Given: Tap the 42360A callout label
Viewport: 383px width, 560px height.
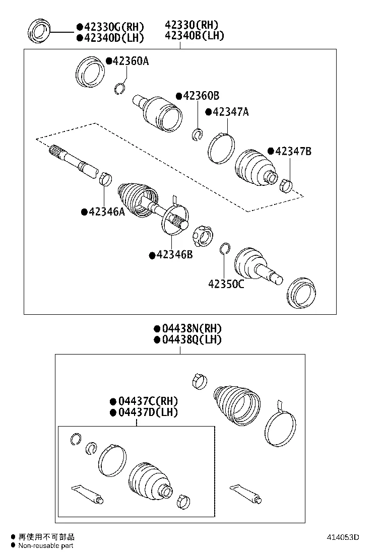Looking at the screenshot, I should pyautogui.click(x=130, y=61).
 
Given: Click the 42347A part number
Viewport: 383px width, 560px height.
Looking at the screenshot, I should pyautogui.click(x=230, y=112).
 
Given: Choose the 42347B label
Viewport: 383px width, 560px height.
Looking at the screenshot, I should pyautogui.click(x=292, y=151).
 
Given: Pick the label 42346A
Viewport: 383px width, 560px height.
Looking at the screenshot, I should pyautogui.click(x=106, y=212).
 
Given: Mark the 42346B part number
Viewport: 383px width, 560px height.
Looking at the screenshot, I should pyautogui.click(x=174, y=255).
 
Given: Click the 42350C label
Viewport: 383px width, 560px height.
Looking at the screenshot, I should pyautogui.click(x=226, y=284).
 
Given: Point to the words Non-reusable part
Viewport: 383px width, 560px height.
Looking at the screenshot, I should pyautogui.click(x=46, y=546).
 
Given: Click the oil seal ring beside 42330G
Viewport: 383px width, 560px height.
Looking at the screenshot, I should pyautogui.click(x=39, y=31).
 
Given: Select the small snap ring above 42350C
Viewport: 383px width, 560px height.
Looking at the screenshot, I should pyautogui.click(x=225, y=248).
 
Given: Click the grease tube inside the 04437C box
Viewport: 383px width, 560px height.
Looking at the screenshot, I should pyautogui.click(x=89, y=494).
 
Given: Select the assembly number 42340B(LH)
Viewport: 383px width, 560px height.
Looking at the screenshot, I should pyautogui.click(x=194, y=36).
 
